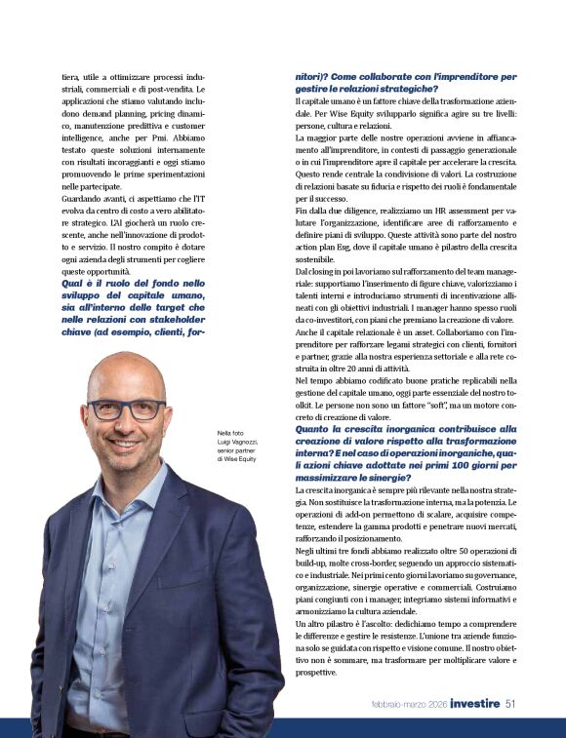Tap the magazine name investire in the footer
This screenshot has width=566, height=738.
tap(475, 704)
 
